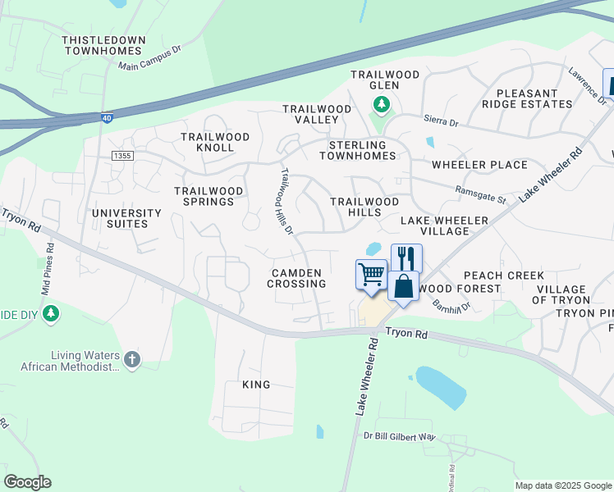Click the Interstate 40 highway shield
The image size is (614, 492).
click(107, 118)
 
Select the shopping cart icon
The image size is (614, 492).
click(371, 274)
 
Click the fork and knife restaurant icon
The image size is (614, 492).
click(406, 258)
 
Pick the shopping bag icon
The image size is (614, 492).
click(403, 287)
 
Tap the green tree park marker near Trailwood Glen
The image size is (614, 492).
click(381, 104)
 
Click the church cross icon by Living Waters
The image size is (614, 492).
click(131, 358)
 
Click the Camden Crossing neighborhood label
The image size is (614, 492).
click(296, 277)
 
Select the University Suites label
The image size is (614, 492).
click(126, 218)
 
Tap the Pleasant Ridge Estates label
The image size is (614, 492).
click(533, 98)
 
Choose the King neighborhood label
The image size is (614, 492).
click(256, 384)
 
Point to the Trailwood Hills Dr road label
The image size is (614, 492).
click(286, 202)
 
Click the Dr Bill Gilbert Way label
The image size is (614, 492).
click(400, 438)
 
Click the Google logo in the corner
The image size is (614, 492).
click(27, 482)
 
